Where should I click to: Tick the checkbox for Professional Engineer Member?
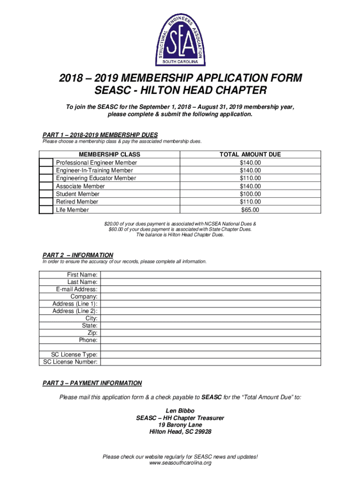point(46,163)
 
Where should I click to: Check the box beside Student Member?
point(46,194)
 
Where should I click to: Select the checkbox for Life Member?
point(46,210)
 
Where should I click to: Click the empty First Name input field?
point(210,275)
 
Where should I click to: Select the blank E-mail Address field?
point(210,290)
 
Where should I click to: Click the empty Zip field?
point(210,333)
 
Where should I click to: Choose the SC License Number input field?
point(210,362)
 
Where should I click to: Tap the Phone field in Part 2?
point(210,341)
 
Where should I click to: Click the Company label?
point(84,297)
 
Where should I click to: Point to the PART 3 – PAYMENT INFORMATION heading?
point(92,383)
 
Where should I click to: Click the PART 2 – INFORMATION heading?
point(78,255)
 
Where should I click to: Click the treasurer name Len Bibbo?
point(180,411)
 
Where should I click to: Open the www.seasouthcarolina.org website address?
point(180,463)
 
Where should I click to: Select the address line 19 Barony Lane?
point(180,425)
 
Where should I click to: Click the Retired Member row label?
point(77,202)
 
